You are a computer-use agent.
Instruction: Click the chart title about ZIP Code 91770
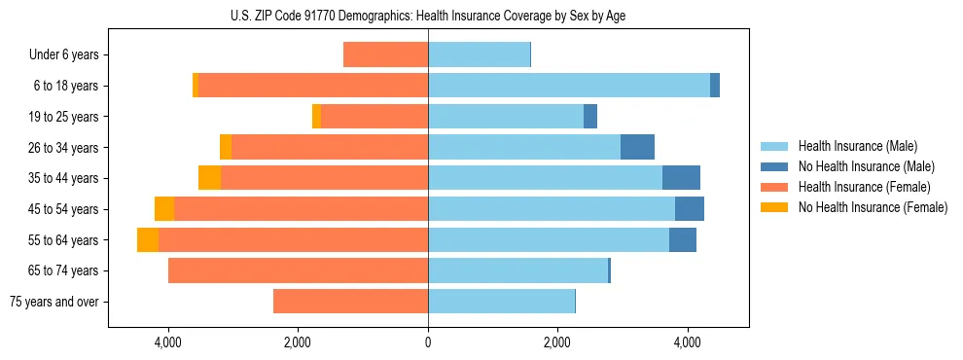pos(429,16)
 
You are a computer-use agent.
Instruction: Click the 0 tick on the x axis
pos(428,342)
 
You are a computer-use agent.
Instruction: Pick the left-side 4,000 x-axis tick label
pos(168,342)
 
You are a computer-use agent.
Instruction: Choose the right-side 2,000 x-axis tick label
pos(557,342)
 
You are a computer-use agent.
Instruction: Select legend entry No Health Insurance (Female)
pos(873,207)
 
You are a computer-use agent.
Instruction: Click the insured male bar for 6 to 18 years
pos(569,86)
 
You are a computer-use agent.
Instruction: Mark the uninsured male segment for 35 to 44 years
pos(681,178)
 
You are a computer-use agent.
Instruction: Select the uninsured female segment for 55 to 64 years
pos(148,240)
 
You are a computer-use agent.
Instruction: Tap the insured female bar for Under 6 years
pos(386,55)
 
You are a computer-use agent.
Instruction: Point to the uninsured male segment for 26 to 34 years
pos(637,148)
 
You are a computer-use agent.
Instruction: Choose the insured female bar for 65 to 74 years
pos(298,270)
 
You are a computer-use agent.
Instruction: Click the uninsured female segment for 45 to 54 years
pos(164,209)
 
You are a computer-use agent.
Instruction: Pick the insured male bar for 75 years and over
pos(501,302)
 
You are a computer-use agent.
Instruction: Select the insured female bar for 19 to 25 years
pos(374,117)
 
